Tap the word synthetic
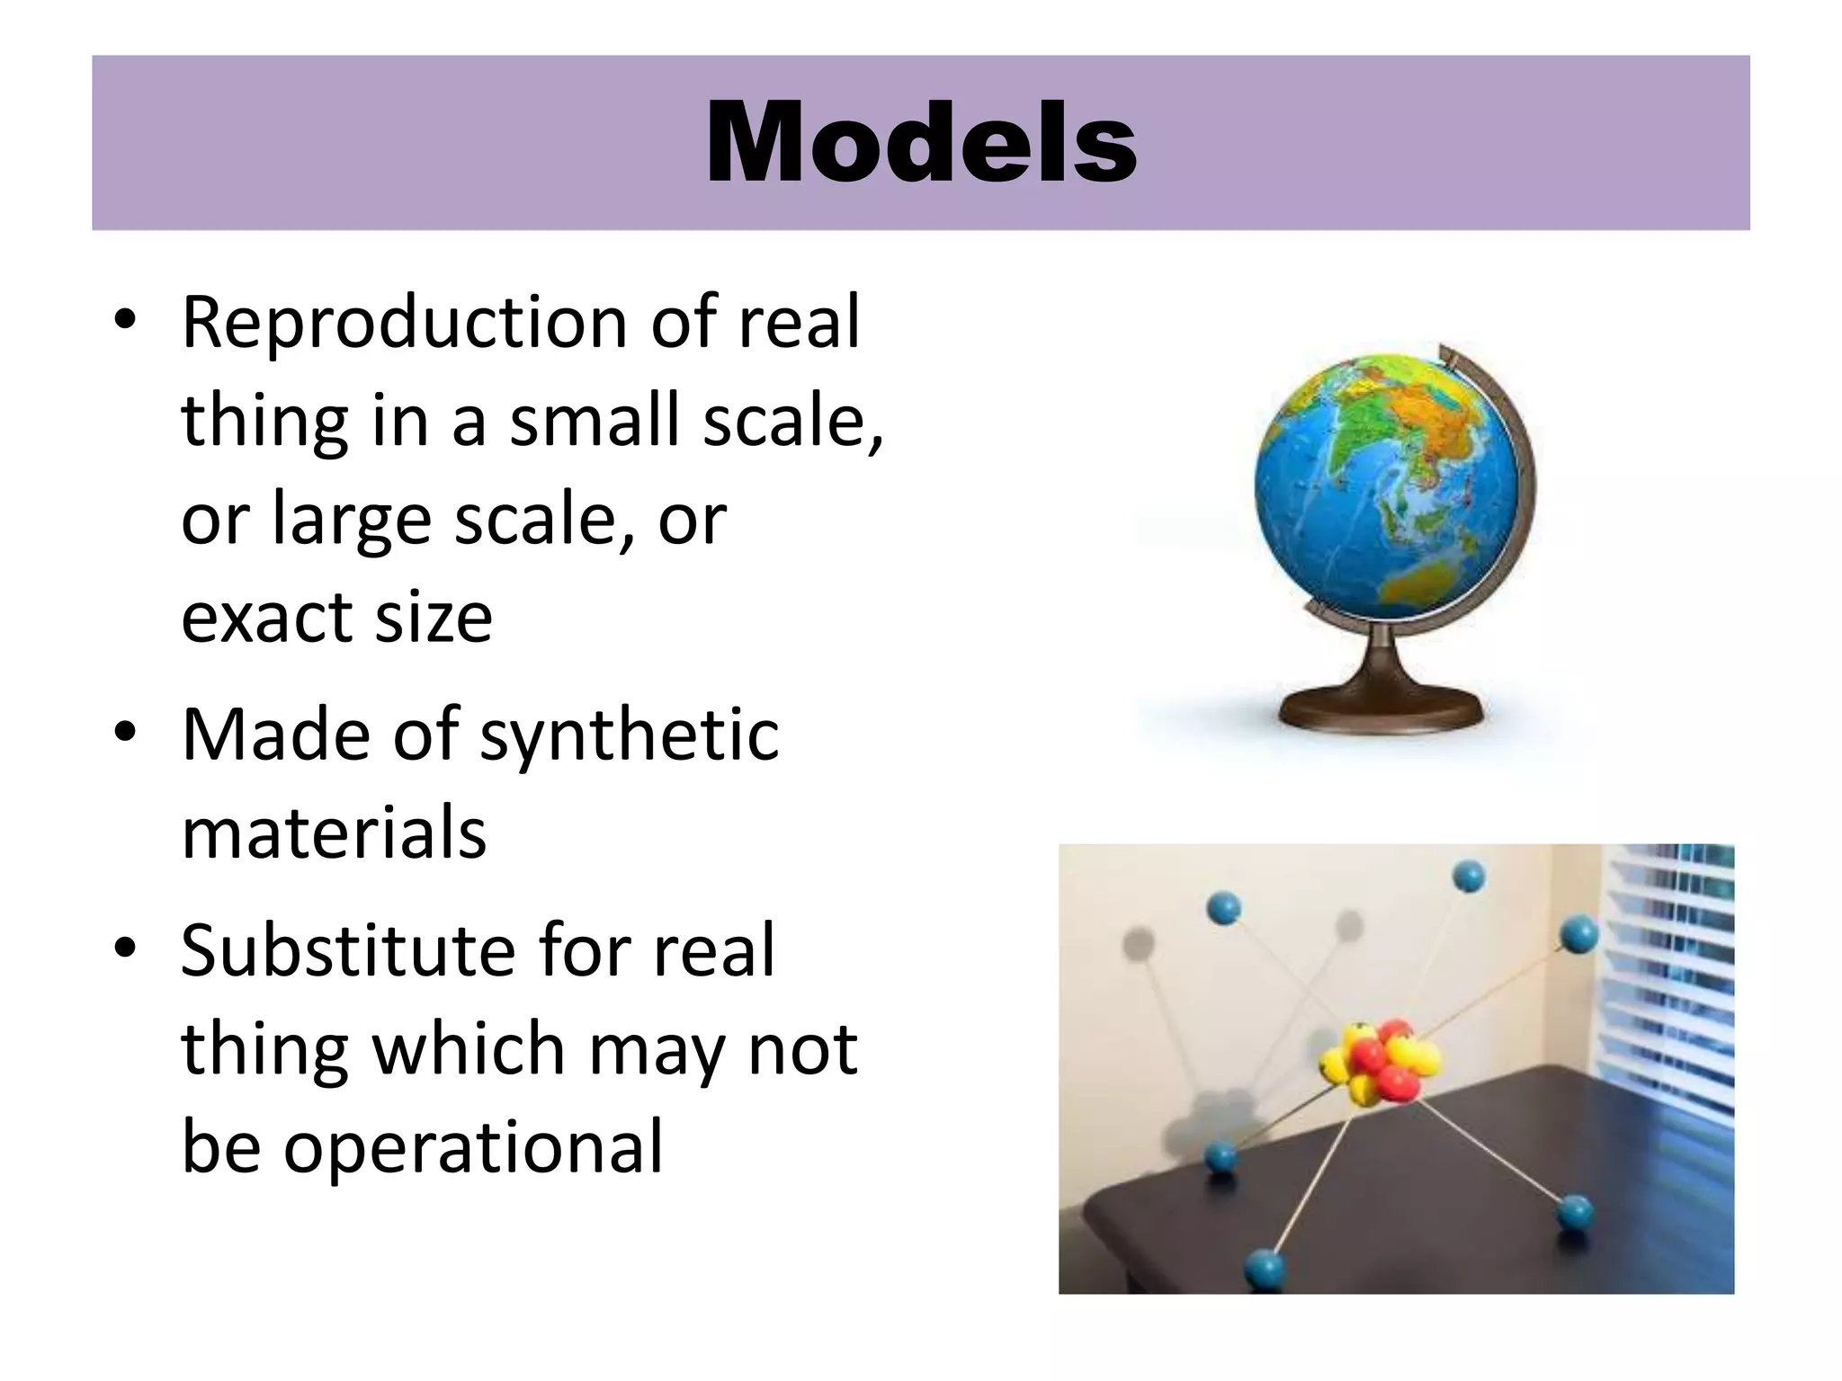pyautogui.click(x=629, y=735)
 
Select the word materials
pyautogui.click(x=334, y=833)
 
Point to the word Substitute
pyautogui.click(x=348, y=950)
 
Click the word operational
pyautogui.click(x=473, y=1148)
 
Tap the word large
pyautogui.click(x=352, y=521)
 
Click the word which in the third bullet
pyautogui.click(x=468, y=1049)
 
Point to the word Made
pyautogui.click(x=275, y=735)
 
